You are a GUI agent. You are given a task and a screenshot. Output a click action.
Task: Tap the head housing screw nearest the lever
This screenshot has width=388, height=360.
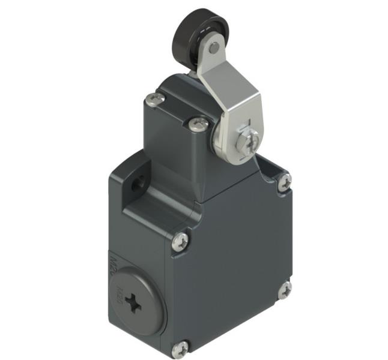(x=199, y=124)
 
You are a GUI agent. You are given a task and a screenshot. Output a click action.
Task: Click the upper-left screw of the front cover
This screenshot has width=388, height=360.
(x=181, y=241)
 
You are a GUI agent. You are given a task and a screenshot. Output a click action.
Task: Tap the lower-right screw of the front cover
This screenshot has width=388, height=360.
(x=284, y=289)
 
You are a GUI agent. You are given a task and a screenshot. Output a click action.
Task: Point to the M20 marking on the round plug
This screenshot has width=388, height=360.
(x=119, y=293)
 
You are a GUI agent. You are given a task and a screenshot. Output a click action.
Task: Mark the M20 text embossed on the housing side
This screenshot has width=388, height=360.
(x=115, y=262)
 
